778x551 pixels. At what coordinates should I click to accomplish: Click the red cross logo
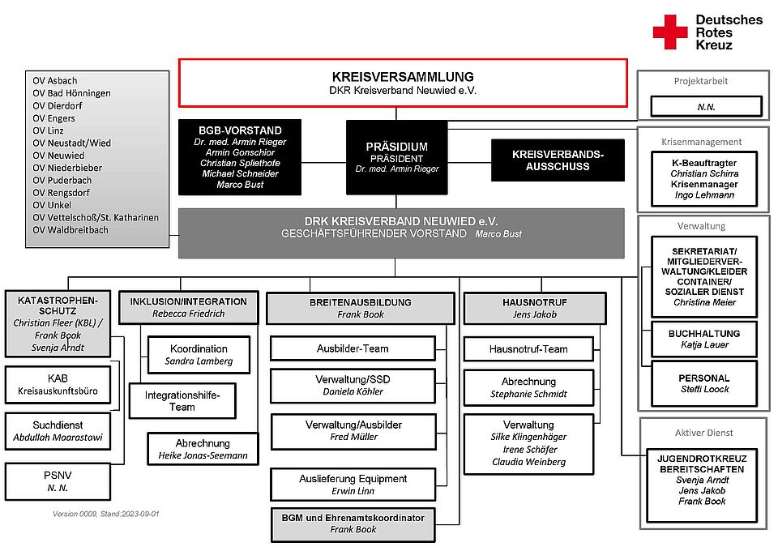670,32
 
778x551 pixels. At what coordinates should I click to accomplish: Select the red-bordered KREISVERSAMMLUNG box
403,83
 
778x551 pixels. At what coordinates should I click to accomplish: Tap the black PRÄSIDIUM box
396,157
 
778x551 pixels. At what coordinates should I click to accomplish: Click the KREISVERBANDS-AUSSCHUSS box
558,160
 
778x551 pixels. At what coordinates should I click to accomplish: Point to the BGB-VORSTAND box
240,157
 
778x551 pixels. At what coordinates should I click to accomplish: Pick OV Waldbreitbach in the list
70,230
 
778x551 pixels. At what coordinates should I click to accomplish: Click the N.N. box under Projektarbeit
705,106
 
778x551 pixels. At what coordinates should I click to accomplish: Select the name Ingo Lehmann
704,195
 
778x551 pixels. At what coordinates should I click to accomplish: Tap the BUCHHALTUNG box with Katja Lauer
704,339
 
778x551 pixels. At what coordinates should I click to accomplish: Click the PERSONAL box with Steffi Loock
704,383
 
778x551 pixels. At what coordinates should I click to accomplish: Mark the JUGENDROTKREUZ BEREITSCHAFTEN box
703,479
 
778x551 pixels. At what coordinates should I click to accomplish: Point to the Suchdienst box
58,431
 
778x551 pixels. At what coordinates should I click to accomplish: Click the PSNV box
58,481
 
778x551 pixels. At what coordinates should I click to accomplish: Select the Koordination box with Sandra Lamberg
199,354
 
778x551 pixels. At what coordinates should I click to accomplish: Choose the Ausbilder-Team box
353,348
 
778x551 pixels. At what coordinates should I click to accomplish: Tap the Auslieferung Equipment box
353,485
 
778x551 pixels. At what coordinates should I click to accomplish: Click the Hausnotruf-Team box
528,349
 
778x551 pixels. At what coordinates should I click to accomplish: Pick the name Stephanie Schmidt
528,395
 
